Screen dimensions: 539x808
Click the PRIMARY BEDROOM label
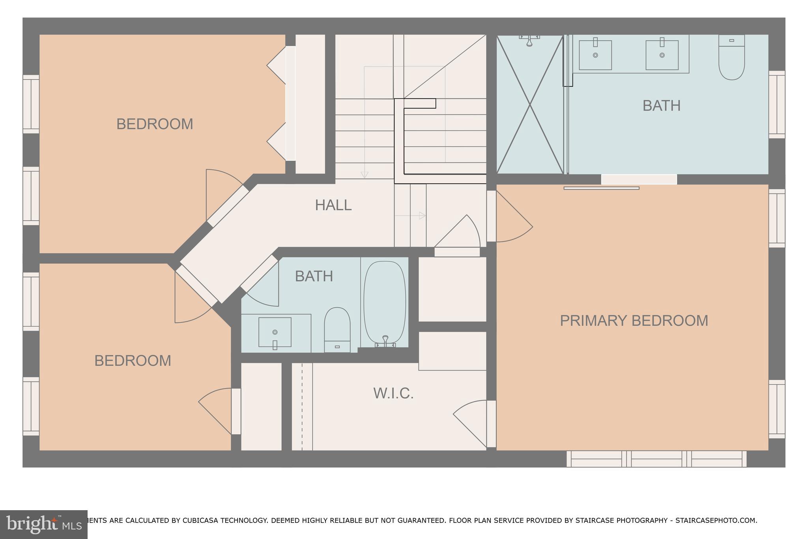[x=634, y=321]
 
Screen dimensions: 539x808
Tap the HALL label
[x=333, y=205]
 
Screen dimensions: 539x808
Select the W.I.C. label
[x=393, y=394]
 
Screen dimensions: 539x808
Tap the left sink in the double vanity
[x=595, y=55]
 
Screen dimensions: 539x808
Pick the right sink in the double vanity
[x=662, y=55]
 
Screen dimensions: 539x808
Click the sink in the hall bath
[x=275, y=332]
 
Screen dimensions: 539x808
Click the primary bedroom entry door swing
[x=513, y=221]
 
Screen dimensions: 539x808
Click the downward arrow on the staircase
[x=365, y=175]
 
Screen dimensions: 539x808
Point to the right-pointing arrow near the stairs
[x=422, y=216]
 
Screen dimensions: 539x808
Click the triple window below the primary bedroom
[x=656, y=459]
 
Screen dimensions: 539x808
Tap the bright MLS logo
[x=43, y=524]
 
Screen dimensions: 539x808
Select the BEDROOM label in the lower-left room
[x=133, y=361]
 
